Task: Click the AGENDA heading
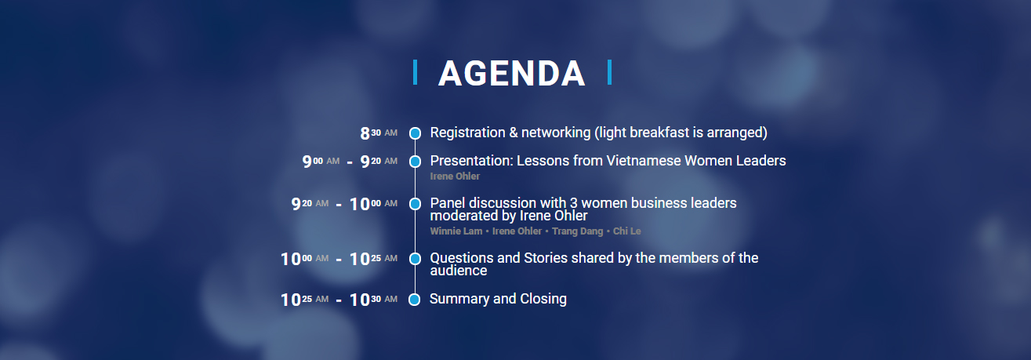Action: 511,73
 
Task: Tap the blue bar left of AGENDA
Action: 416,72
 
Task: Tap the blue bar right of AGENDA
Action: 609,72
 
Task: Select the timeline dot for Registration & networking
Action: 416,133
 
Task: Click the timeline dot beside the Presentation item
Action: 416,162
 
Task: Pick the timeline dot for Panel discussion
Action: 416,203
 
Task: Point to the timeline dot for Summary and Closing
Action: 414,300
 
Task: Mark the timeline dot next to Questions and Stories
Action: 416,259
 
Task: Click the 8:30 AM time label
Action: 379,133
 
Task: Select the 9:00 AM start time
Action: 321,162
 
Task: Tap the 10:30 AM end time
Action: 373,300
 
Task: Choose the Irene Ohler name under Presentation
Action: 455,176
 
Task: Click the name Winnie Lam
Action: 456,231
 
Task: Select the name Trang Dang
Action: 577,231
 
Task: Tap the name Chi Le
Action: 627,231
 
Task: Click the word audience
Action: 459,271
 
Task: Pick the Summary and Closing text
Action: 498,300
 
